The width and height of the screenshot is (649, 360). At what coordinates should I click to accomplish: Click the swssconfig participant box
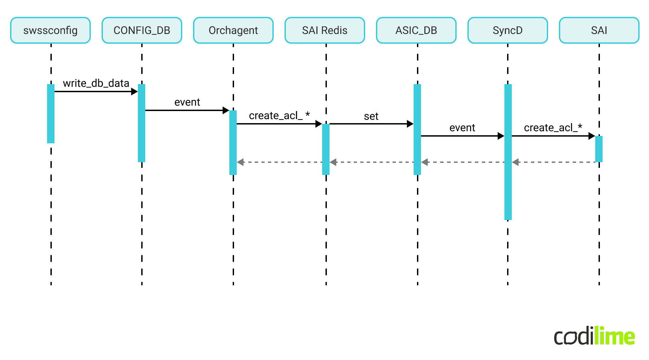(x=50, y=30)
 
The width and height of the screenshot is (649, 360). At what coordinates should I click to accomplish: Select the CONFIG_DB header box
(x=142, y=30)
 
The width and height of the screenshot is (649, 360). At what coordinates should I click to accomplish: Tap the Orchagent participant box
(x=233, y=30)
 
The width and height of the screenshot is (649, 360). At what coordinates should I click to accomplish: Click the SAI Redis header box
(x=325, y=30)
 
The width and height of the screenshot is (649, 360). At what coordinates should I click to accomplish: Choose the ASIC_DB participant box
(x=416, y=30)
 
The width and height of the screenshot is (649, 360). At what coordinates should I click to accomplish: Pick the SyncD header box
(x=508, y=30)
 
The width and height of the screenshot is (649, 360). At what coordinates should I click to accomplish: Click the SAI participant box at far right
(x=599, y=30)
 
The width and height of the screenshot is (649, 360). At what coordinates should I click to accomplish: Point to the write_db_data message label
(x=96, y=83)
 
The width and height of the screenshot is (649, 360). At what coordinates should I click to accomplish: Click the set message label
(x=371, y=116)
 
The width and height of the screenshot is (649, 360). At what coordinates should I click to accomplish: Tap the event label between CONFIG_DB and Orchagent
(x=187, y=102)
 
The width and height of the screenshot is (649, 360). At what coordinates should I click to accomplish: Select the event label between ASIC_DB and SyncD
(x=462, y=128)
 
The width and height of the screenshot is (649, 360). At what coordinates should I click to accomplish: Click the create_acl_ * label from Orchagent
(x=279, y=115)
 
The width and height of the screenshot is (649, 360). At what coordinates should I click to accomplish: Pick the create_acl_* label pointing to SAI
(x=553, y=128)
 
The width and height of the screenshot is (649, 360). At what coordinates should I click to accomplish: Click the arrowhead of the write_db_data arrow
(x=135, y=92)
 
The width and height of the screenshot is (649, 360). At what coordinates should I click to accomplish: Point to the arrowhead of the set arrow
(x=410, y=124)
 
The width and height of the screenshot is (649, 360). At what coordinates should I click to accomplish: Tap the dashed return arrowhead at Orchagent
(x=240, y=162)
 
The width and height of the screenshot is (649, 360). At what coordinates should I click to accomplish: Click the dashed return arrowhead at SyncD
(x=516, y=162)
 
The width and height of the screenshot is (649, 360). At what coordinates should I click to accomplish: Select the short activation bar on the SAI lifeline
(x=599, y=149)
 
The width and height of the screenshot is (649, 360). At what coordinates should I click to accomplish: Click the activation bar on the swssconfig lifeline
(x=51, y=114)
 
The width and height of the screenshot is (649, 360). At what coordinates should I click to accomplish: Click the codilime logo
(x=594, y=336)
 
